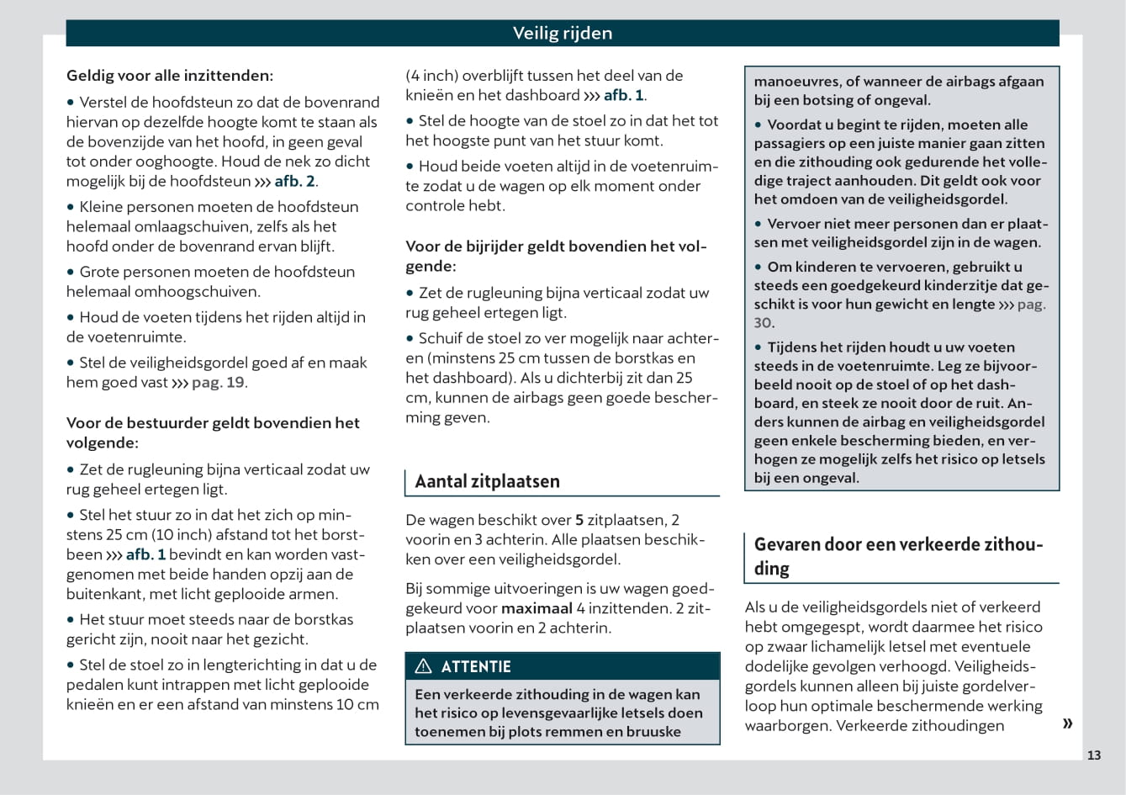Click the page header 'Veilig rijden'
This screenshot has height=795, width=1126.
(x=563, y=34)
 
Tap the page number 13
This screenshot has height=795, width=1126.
(x=1093, y=755)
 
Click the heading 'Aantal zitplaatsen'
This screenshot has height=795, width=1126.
(x=487, y=481)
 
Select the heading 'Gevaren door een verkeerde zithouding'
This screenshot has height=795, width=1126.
(x=897, y=556)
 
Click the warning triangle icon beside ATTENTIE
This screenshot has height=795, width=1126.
(x=424, y=666)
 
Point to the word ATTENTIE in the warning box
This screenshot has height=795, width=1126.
(x=476, y=666)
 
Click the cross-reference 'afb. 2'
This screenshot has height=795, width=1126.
(x=294, y=181)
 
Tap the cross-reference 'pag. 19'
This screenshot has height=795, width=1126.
(x=218, y=382)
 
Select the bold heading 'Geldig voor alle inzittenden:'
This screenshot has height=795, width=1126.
(x=170, y=76)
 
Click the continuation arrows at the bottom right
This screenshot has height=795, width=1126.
(x=1067, y=723)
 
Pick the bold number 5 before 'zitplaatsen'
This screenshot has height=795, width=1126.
(x=579, y=520)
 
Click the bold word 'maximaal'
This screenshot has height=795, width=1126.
(x=537, y=607)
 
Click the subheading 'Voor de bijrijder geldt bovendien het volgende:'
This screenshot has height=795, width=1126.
(x=556, y=256)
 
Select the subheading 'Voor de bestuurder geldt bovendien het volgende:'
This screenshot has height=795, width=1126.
(x=213, y=432)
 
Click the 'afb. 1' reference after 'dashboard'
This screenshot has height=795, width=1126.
(x=623, y=95)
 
